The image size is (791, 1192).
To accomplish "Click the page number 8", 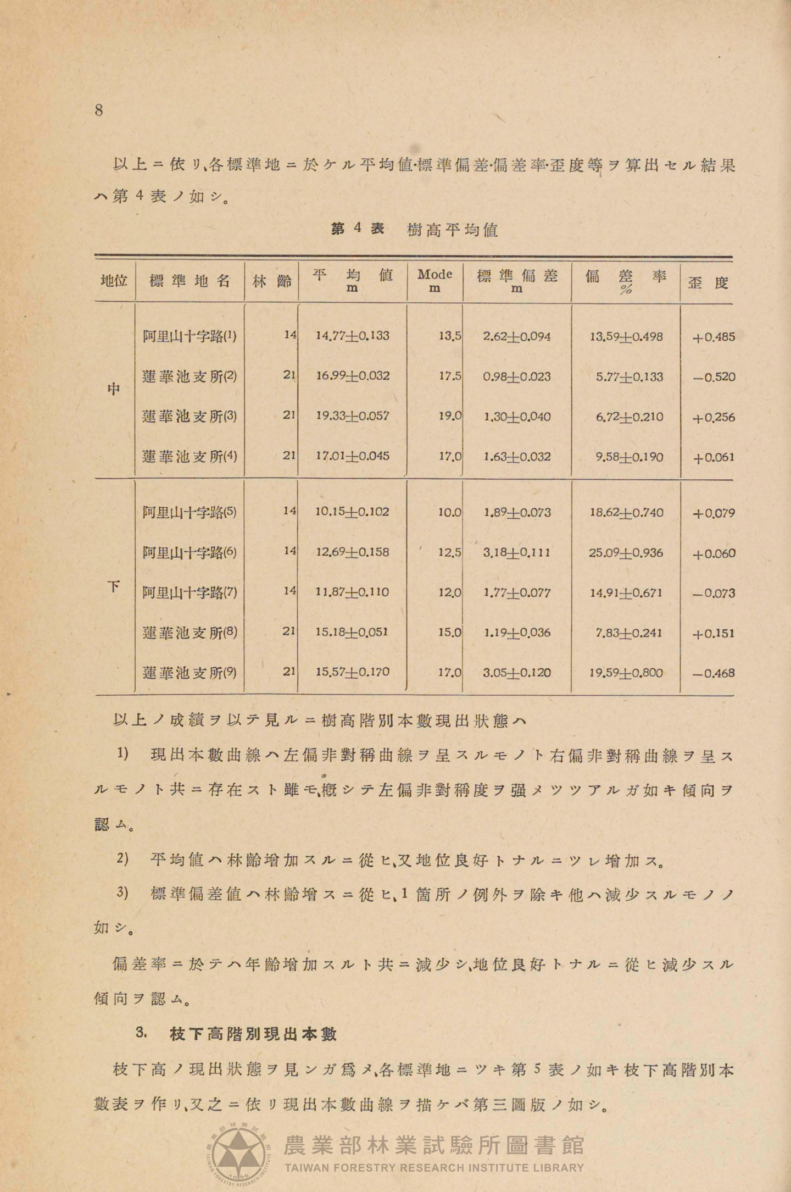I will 99,110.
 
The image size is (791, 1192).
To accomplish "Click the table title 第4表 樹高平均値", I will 415,229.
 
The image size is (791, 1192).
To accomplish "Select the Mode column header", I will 435,280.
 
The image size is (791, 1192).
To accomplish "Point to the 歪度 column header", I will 708,283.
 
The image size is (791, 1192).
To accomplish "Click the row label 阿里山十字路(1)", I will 190,336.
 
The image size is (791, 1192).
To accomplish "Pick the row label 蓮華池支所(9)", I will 190,672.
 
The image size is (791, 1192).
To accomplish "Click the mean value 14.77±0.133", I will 352,335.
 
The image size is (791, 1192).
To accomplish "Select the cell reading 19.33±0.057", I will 352,416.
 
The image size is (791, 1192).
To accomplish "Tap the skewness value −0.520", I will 714,377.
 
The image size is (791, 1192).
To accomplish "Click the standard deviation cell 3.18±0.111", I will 516,552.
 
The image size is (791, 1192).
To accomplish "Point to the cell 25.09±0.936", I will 626,552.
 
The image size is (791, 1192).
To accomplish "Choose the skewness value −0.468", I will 714,673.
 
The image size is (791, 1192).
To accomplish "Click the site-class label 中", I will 114,389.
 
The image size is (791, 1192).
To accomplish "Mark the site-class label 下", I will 114,586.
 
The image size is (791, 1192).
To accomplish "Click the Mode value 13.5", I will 449,336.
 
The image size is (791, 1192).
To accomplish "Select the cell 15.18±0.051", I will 352,632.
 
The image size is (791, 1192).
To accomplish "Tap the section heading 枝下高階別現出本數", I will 253,1034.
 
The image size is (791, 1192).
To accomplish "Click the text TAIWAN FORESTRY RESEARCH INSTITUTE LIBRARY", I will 434,1167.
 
